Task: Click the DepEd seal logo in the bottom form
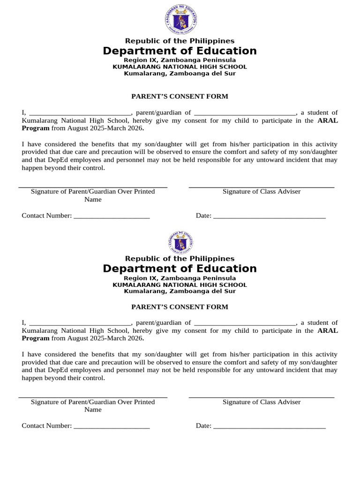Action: coord(180,243)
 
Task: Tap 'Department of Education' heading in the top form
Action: coord(180,51)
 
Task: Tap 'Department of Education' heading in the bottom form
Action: coord(180,269)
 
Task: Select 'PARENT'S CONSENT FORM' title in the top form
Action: coord(180,97)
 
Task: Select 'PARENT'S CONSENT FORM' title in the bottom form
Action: coord(180,307)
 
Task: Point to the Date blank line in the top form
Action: coord(269,216)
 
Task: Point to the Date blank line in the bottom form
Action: coord(269,426)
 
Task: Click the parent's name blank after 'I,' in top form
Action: coord(80,113)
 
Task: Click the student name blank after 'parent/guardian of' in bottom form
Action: coord(244,323)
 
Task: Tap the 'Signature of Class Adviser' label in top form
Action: coord(262,192)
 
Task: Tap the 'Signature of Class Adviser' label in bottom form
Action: coord(262,402)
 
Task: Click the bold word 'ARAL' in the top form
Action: coord(328,120)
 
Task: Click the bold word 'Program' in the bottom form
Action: coord(36,338)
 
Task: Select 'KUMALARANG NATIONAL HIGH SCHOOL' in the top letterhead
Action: coord(180,67)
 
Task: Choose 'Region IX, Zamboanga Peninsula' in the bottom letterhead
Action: coord(180,278)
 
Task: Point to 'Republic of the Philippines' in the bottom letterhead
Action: coord(180,259)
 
